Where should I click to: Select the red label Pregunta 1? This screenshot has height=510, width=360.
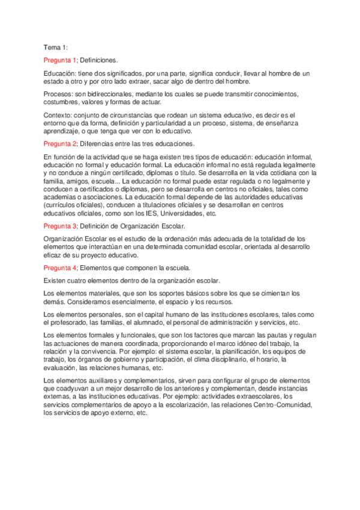[60, 60]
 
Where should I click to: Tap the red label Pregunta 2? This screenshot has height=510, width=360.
[60, 144]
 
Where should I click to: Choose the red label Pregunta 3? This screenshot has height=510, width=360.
[60, 226]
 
